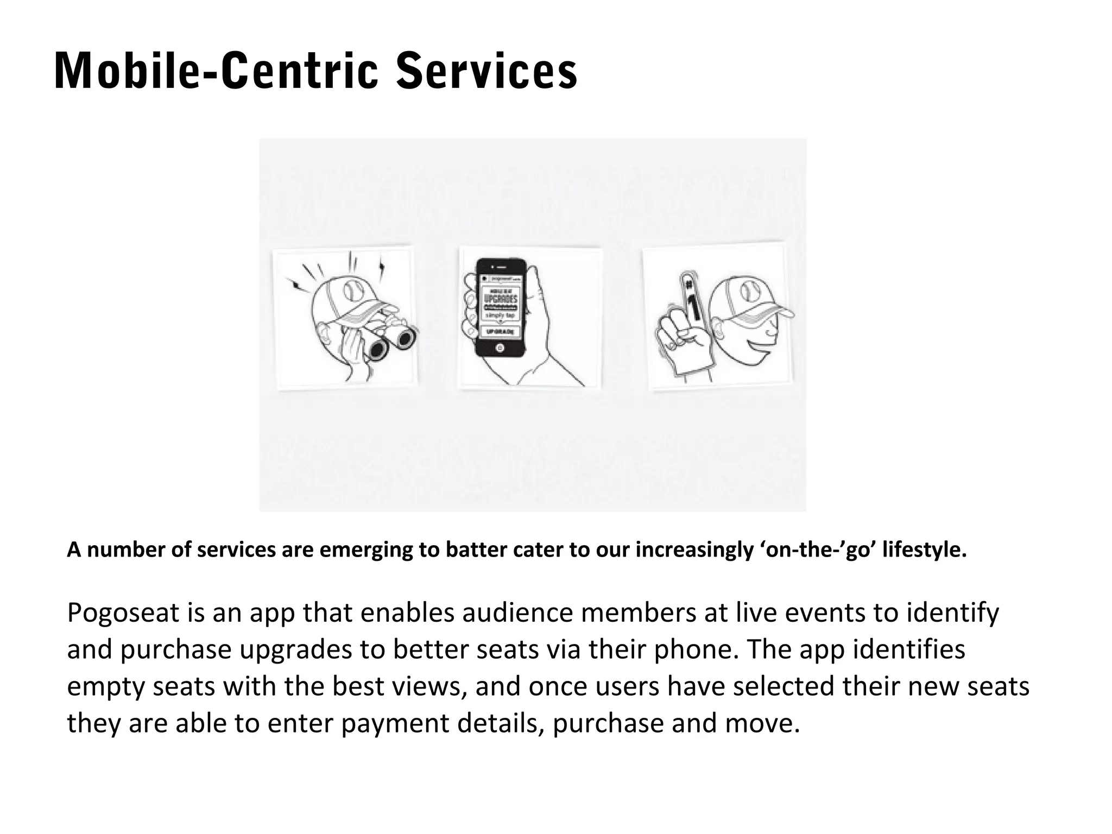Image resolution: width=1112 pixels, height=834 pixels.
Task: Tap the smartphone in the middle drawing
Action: click(x=501, y=308)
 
